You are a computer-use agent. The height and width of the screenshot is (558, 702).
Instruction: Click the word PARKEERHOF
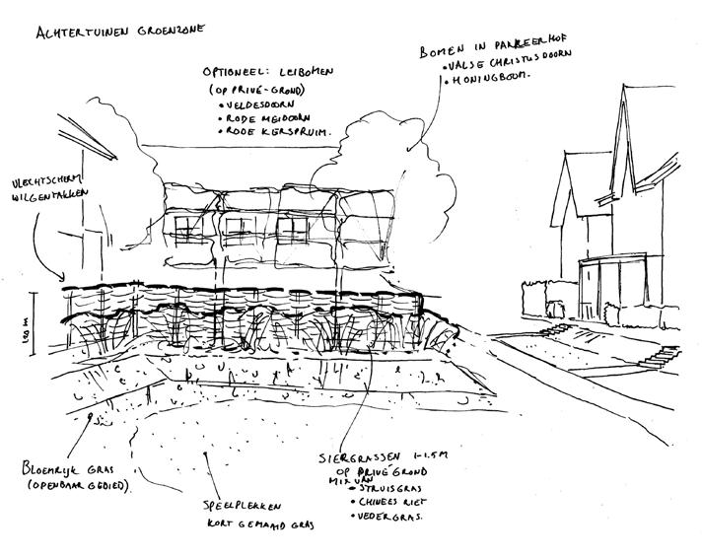tap(532, 48)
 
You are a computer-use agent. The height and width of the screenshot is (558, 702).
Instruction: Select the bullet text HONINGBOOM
tap(493, 75)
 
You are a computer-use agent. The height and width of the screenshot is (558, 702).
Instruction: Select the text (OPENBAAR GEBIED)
tap(80, 485)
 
